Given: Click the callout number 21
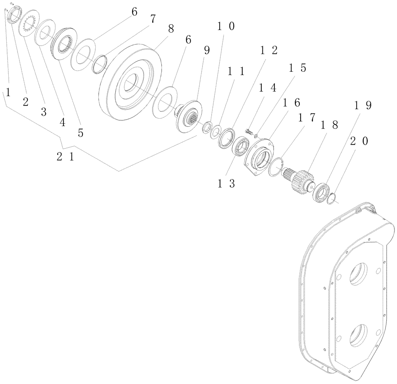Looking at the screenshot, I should pos(65,157).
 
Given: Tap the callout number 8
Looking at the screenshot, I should pos(171,29).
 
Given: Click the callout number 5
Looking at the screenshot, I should pos(81,133).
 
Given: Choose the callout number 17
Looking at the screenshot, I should pos(307,118).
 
